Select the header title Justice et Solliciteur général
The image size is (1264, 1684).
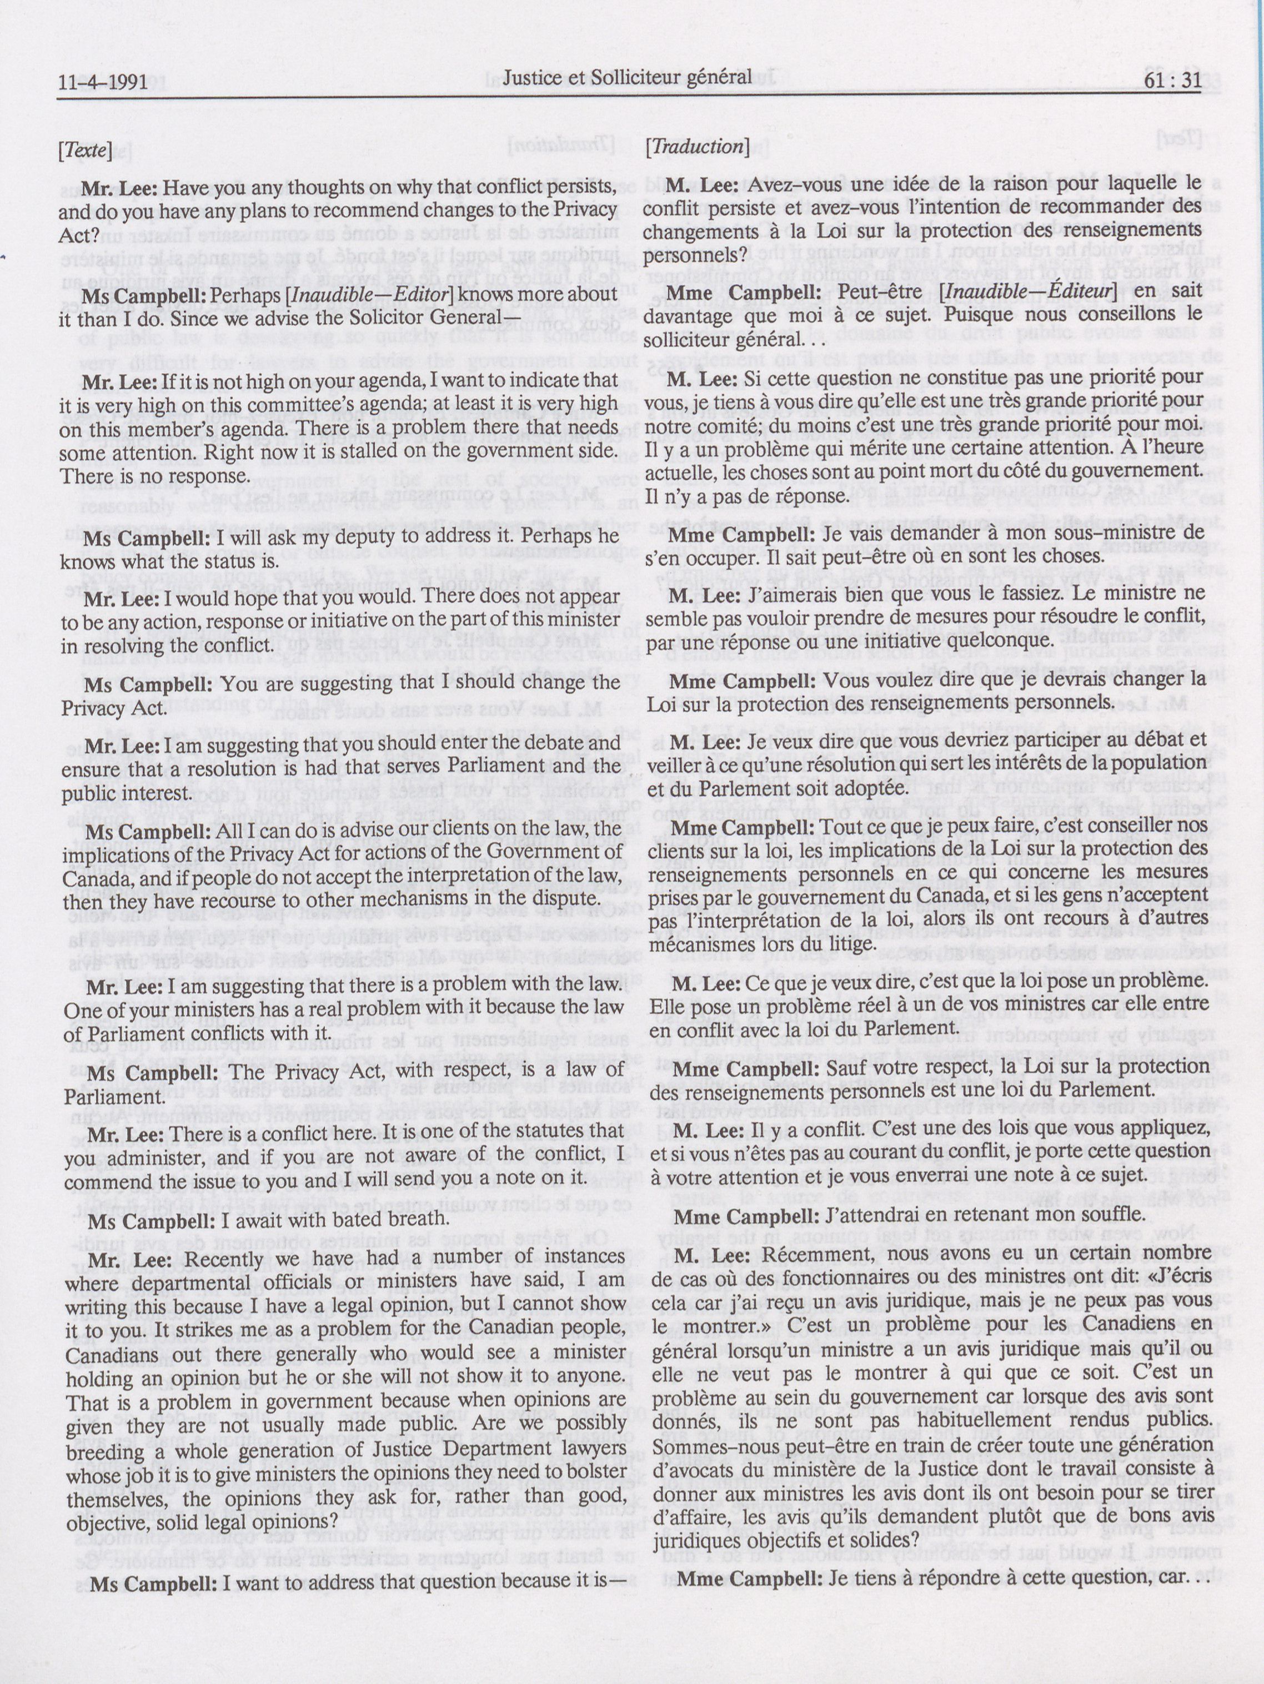[x=628, y=76]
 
